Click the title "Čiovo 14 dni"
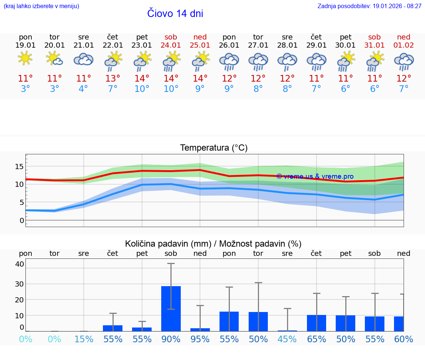[x=175, y=14]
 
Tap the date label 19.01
[x=25, y=45]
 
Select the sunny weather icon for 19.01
[x=25, y=58]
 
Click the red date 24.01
[x=171, y=45]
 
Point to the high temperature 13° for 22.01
[x=113, y=78]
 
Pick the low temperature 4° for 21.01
[x=84, y=89]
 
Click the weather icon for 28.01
[x=287, y=60]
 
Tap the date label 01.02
[x=404, y=45]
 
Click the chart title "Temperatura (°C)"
[x=214, y=148]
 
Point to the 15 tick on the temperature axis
[x=19, y=167]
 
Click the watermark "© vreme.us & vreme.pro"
[x=315, y=176]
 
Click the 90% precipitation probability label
[x=171, y=339]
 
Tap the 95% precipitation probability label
[x=200, y=339]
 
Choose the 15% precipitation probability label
[x=84, y=339]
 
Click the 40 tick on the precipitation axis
[x=20, y=264]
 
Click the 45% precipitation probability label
[x=287, y=339]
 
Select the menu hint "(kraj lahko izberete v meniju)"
[x=41, y=6]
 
